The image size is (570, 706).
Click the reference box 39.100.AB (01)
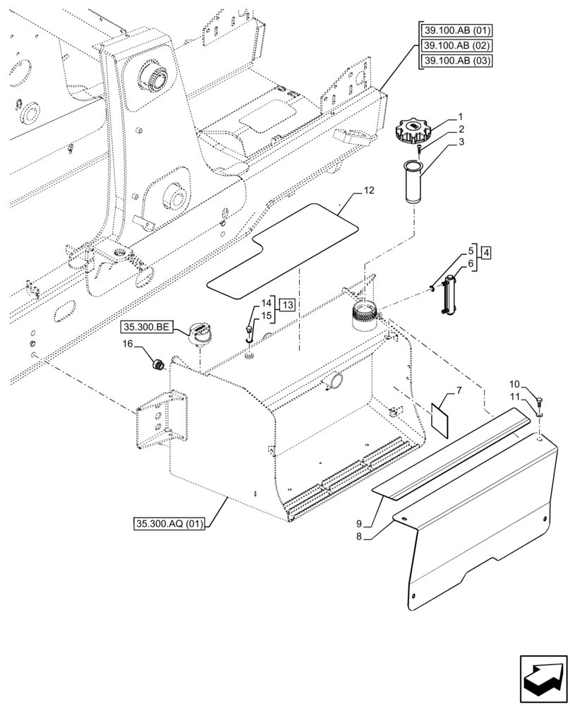point(457,30)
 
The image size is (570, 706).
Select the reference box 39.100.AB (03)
point(457,61)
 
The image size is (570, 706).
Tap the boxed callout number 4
point(487,251)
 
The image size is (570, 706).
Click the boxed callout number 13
point(286,304)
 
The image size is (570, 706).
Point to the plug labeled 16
point(159,364)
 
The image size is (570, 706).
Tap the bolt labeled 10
point(540,402)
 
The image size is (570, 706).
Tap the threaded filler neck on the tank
point(365,311)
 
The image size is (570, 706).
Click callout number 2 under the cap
point(460,130)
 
